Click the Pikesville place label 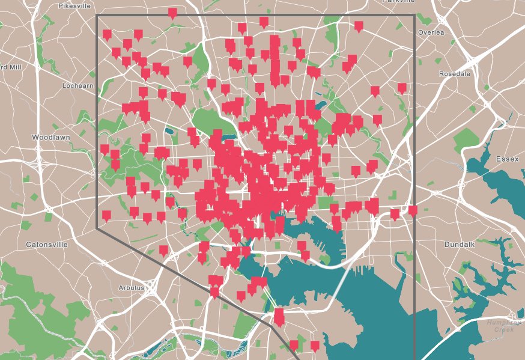pyautogui.click(x=74, y=5)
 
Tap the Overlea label pyautogui.click(x=431, y=32)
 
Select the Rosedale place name pyautogui.click(x=454, y=73)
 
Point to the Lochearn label pyautogui.click(x=78, y=86)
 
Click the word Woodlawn pyautogui.click(x=51, y=138)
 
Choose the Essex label pyautogui.click(x=507, y=159)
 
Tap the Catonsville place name pyautogui.click(x=48, y=245)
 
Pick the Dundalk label pyautogui.click(x=460, y=245)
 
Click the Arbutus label pyautogui.click(x=132, y=288)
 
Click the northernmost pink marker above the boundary pyautogui.click(x=172, y=13)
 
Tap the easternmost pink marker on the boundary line pyautogui.click(x=413, y=210)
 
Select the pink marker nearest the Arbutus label pyautogui.click(x=163, y=250)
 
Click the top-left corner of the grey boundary pyautogui.click(x=97, y=16)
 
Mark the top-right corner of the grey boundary pyautogui.click(x=414, y=16)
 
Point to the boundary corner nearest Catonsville pyautogui.click(x=97, y=228)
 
